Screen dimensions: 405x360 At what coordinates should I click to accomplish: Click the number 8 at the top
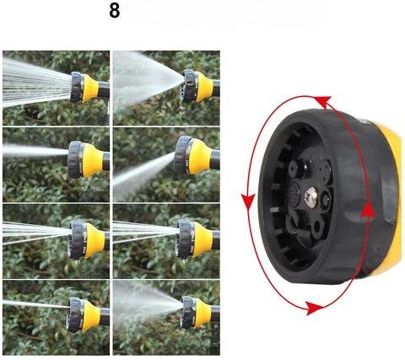point(115,11)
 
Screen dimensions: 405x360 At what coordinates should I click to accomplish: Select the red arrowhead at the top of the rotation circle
point(323,101)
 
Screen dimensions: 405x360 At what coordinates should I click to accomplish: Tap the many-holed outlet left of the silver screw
point(295,191)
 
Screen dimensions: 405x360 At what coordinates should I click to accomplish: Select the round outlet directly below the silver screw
point(318,227)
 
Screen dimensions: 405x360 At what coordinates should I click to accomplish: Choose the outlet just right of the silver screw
point(327,200)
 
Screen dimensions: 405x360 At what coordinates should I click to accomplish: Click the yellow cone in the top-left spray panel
point(90,88)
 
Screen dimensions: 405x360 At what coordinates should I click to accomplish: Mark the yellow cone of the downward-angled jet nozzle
point(200,156)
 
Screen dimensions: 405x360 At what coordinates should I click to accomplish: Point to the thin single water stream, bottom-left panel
point(36,304)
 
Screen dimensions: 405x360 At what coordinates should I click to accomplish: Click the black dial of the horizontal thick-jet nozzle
point(75,159)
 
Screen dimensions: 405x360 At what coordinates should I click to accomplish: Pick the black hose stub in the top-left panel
point(104,89)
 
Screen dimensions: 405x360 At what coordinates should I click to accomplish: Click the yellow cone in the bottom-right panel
point(203,312)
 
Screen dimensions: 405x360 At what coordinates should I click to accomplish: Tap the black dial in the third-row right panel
point(185,239)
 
